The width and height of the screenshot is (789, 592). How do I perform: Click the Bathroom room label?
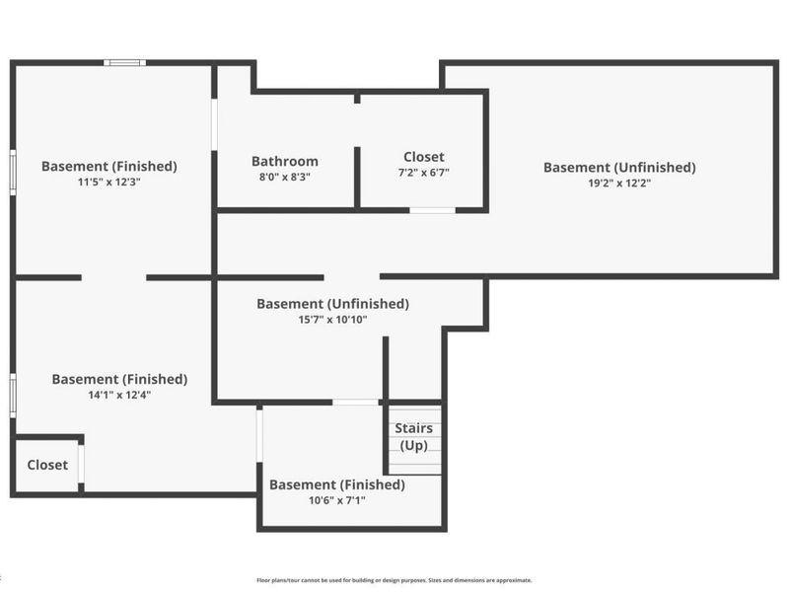[x=285, y=161]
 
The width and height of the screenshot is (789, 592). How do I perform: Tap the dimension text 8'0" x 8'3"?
[x=285, y=178]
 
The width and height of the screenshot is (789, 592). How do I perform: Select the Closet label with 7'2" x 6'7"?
[x=424, y=157]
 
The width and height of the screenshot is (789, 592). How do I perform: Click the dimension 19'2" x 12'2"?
[x=619, y=184]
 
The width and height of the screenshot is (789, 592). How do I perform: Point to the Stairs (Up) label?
[x=413, y=436]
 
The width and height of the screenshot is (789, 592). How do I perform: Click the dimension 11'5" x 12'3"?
[x=109, y=183]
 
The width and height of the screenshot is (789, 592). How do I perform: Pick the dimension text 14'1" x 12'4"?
[x=119, y=396]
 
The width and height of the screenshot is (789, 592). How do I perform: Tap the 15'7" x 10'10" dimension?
[x=332, y=320]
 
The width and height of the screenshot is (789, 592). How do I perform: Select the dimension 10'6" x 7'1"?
[x=337, y=500]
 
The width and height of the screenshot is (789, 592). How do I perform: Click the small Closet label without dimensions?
[x=47, y=465]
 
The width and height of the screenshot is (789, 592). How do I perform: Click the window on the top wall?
[x=125, y=63]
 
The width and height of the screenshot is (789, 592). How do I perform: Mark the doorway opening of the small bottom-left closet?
[x=81, y=464]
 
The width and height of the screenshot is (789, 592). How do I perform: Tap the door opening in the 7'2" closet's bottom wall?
[x=432, y=210]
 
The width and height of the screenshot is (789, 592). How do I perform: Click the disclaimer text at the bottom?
[x=394, y=580]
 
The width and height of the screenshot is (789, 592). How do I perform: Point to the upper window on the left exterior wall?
[x=13, y=172]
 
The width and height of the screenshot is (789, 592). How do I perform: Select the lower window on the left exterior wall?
[x=13, y=396]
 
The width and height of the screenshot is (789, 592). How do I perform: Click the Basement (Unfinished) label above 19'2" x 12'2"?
[x=619, y=168]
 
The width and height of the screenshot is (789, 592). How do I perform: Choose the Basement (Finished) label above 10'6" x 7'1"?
[x=337, y=484]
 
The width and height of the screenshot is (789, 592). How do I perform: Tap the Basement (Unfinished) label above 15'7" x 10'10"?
[x=332, y=304]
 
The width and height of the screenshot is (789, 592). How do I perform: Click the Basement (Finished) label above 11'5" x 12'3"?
[x=109, y=167]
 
